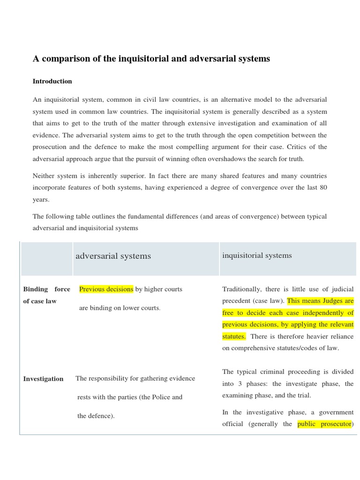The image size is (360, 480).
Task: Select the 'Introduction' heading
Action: click(x=52, y=81)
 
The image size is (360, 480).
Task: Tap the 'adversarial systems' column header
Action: click(x=113, y=256)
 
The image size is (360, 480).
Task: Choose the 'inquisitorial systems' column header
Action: click(x=256, y=255)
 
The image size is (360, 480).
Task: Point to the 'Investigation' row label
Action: click(x=43, y=379)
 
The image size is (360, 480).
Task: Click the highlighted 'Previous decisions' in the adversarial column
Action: click(x=106, y=289)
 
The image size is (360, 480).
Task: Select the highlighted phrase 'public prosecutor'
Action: click(x=324, y=424)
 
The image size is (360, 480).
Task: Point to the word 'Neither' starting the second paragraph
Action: click(x=44, y=176)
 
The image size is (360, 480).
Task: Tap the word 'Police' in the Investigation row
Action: click(x=162, y=397)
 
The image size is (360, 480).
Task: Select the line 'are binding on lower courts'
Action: click(x=120, y=308)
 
